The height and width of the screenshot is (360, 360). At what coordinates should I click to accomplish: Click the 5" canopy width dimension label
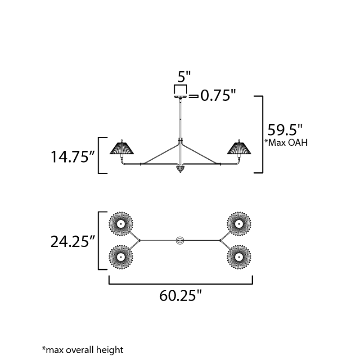pos(184,76)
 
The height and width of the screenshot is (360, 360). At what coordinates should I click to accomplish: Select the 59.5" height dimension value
pos(285,130)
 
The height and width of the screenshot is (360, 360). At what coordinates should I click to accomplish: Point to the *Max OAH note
pos(286,143)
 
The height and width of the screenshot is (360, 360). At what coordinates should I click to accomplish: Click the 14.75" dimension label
pos(72,157)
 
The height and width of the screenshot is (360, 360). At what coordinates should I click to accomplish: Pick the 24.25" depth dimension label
pos(72,242)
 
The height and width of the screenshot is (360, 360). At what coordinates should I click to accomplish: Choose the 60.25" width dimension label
pos(180,296)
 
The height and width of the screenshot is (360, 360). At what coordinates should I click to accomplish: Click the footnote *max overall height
pos(83,350)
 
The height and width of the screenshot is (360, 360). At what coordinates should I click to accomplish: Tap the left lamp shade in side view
pos(121,148)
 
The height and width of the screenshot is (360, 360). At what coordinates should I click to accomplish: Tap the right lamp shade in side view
pos(239,148)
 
